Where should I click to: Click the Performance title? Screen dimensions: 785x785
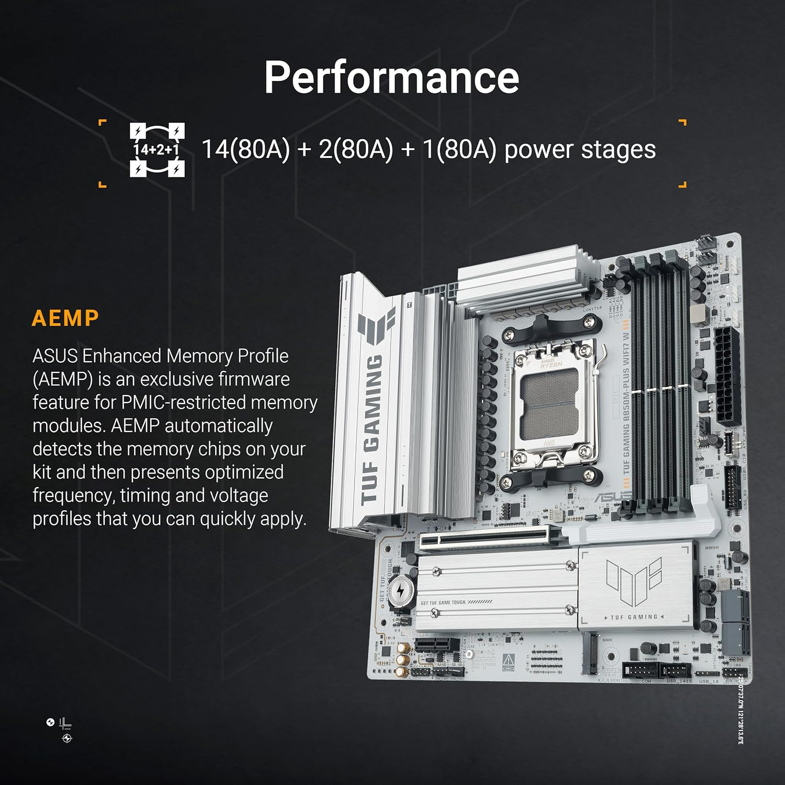click(391, 77)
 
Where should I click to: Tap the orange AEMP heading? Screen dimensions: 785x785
click(65, 318)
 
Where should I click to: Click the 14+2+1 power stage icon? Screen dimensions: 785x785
click(157, 150)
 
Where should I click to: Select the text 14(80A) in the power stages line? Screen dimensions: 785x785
click(245, 149)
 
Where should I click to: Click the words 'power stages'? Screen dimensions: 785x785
click(580, 150)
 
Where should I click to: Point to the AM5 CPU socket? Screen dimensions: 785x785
click(552, 403)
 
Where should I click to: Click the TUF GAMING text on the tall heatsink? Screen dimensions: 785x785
click(373, 429)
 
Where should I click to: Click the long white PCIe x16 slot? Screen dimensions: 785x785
click(484, 539)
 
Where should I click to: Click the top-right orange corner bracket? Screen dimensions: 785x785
click(682, 122)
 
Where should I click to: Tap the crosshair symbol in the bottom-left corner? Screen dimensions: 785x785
click(67, 738)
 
